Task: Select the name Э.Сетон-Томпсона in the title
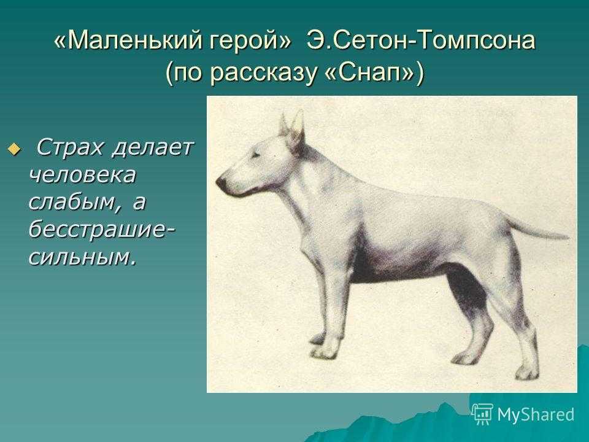click(x=421, y=40)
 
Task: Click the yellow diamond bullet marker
click(x=14, y=150)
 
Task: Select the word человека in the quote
click(x=82, y=175)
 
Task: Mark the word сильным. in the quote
click(x=82, y=257)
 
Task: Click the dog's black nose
click(x=221, y=183)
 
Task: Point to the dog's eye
click(x=257, y=154)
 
